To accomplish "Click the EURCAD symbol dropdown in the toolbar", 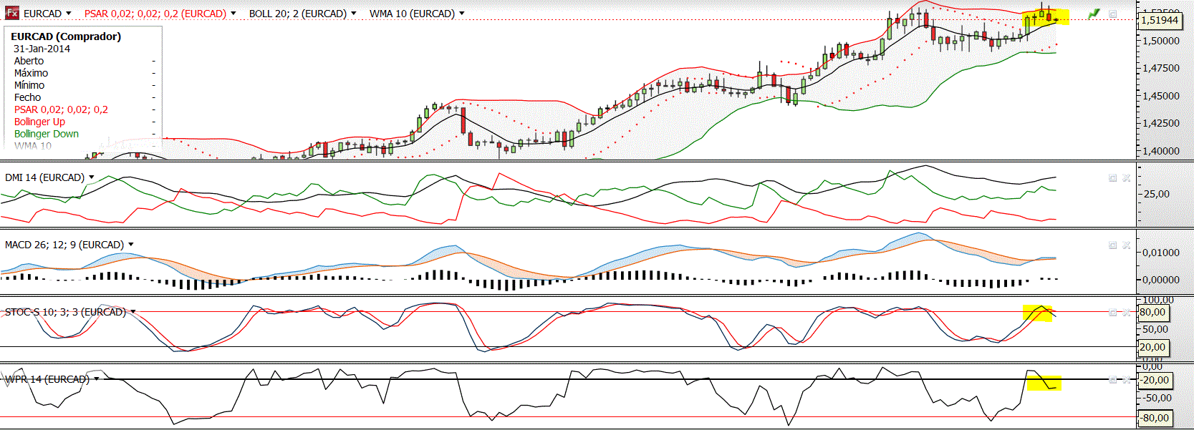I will [47, 14].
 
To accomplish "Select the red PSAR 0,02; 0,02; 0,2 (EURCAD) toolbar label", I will [155, 14].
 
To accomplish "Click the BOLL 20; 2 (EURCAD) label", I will [298, 14].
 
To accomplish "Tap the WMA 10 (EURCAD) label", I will [413, 14].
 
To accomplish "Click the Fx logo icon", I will [11, 13].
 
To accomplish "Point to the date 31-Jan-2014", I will [42, 49].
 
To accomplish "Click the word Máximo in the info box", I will [31, 73].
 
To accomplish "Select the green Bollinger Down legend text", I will [47, 134].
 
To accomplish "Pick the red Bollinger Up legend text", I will [39, 122].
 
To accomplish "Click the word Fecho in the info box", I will [27, 97].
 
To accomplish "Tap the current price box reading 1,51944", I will [1159, 20].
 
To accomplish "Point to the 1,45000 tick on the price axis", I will [1161, 96].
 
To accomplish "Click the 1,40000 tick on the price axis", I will [1161, 151].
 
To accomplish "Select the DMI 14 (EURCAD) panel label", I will [44, 177].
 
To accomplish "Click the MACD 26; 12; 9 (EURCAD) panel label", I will [64, 245].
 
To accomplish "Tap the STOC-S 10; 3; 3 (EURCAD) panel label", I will [65, 312].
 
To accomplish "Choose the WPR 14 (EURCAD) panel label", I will [47, 379].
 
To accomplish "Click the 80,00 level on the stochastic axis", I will [1152, 313].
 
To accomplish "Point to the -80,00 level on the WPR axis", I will [1155, 418].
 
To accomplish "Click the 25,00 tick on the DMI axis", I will [1156, 194].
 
